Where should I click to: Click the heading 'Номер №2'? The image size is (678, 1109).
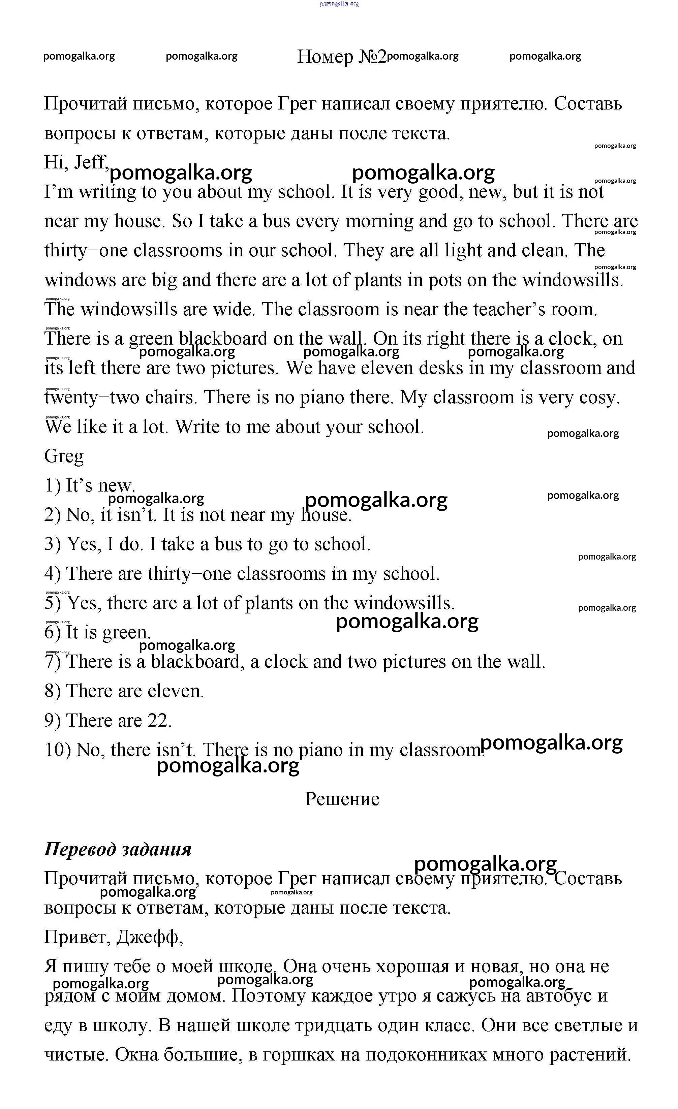(x=342, y=57)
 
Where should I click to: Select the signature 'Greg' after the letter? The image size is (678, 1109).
(x=64, y=456)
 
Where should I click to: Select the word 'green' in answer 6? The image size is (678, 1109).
(x=126, y=632)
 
